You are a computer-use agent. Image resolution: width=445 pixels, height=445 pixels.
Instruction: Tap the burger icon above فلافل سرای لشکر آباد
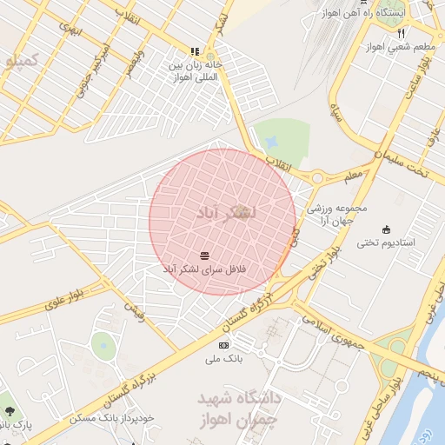[204, 255]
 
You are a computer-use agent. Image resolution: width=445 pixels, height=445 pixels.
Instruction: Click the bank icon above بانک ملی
[223, 345]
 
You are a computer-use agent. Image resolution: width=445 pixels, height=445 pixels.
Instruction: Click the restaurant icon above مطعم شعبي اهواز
[401, 33]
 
